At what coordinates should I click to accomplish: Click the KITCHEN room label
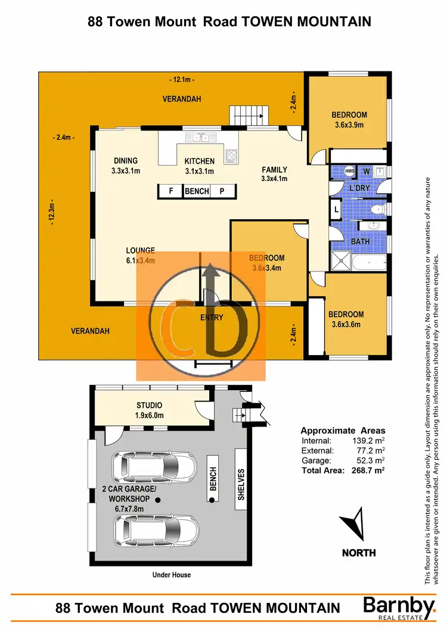point(199,161)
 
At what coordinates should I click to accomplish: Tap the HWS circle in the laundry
point(350,172)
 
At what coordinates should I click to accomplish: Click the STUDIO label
point(148,406)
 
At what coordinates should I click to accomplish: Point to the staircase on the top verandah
point(246,114)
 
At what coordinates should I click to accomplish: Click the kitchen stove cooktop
point(231,156)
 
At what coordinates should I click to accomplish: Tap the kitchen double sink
point(196,138)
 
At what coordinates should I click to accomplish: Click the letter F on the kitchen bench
point(170,191)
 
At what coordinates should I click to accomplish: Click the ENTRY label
point(212,317)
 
